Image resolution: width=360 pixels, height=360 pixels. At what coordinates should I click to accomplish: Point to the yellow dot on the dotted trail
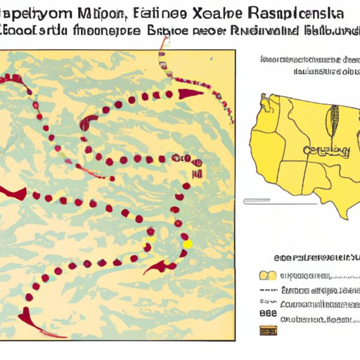point(187,243)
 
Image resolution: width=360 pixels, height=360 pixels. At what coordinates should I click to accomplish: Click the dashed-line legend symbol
point(267,320)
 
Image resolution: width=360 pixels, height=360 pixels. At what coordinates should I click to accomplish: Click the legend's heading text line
point(309,256)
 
